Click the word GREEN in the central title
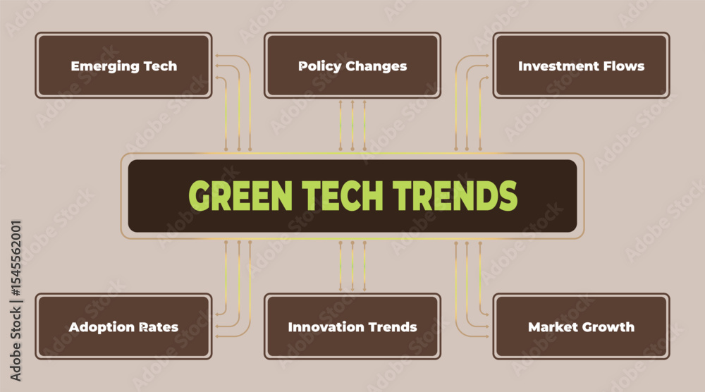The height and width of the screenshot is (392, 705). click(x=240, y=195)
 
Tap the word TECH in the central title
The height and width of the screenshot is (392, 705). click(x=343, y=195)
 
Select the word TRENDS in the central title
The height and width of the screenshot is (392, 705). click(x=455, y=195)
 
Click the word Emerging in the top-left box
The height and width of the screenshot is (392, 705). click(x=105, y=66)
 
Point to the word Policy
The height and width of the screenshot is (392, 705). click(x=319, y=66)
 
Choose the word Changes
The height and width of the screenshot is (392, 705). click(x=376, y=66)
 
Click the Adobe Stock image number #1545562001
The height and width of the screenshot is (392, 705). click(x=16, y=258)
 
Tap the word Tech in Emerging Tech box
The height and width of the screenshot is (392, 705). click(x=160, y=66)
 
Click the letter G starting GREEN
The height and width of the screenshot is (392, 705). click(x=200, y=195)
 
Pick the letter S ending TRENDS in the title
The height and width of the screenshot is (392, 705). click(x=508, y=195)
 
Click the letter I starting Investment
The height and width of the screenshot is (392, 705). click(x=521, y=66)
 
